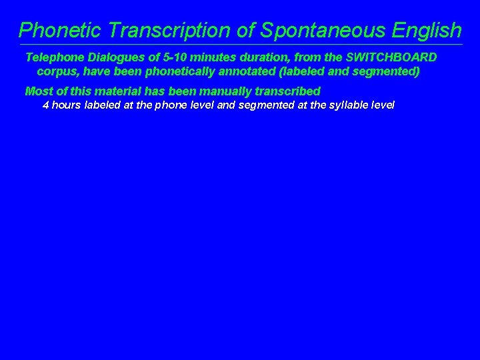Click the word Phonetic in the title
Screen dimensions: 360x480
60,30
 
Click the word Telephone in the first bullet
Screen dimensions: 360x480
55,57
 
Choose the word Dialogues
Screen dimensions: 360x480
117,57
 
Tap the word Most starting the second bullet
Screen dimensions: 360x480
38,91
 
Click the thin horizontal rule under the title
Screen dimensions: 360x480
240,45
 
